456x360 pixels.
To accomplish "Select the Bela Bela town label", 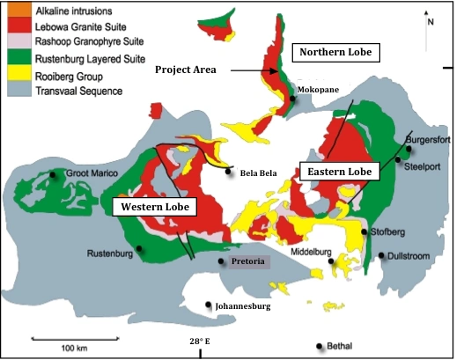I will pyautogui.click(x=259, y=173).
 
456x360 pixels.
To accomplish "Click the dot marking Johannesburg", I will pyautogui.click(x=209, y=305).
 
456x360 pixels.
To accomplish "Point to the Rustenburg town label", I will pyautogui.click(x=109, y=254).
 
